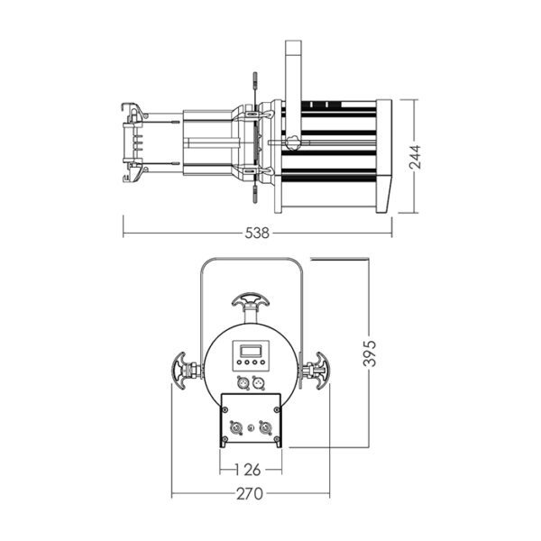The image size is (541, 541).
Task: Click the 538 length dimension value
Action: coord(257,233)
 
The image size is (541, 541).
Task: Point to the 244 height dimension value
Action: coord(415,157)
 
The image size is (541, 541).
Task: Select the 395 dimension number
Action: coord(370,353)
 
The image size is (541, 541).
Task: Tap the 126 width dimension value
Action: coord(248,470)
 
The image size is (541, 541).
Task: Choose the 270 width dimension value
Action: coord(250,494)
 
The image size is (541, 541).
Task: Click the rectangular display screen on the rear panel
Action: coord(250,352)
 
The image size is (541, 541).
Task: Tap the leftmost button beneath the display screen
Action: coord(239,362)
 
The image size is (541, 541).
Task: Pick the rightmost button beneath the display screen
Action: coord(262,362)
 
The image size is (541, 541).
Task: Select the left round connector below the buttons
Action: coord(242,382)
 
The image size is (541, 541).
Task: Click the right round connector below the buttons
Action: coord(258,382)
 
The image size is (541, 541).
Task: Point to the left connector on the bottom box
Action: coord(235,427)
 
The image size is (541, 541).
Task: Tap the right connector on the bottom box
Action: coord(266,427)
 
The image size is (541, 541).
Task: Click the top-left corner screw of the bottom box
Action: coord(225,409)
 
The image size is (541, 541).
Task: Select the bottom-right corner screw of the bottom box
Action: coord(277,439)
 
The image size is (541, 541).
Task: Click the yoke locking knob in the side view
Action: coord(292,142)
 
